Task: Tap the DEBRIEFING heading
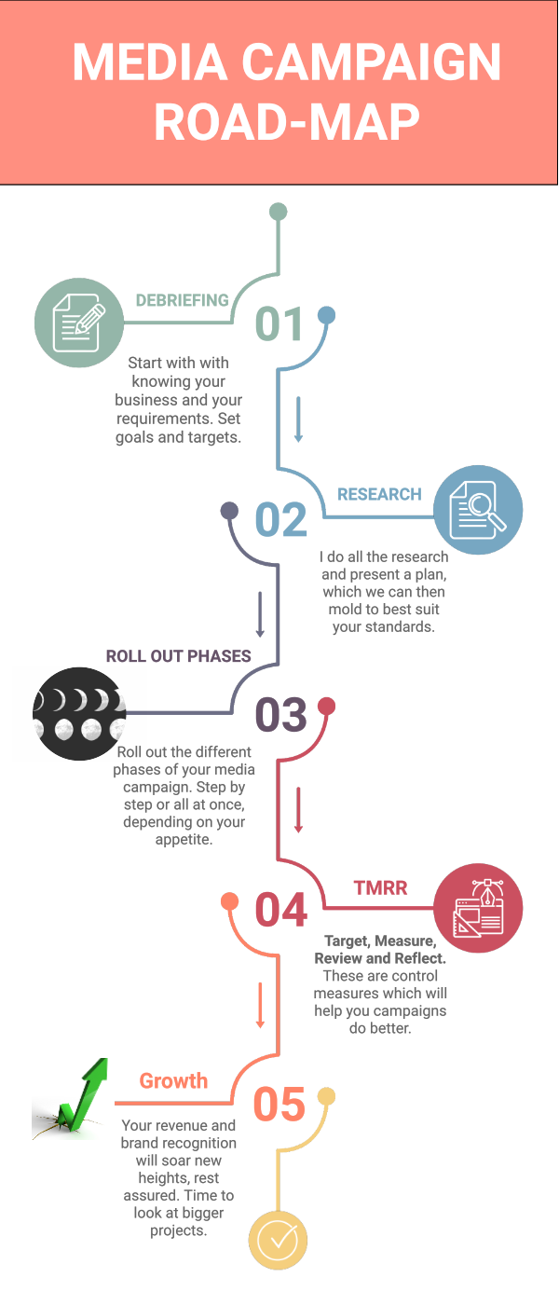click(x=183, y=300)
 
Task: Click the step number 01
click(x=280, y=324)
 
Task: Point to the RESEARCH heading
click(x=379, y=494)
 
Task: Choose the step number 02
click(x=280, y=520)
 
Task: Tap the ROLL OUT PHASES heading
click(x=178, y=656)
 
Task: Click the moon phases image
click(x=78, y=713)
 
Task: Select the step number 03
click(x=280, y=715)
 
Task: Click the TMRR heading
click(x=380, y=887)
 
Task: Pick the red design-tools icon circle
click(x=478, y=908)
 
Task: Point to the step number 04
click(x=280, y=911)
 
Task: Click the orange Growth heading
click(x=173, y=1081)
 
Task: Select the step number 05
click(x=279, y=1106)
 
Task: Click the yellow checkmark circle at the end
click(x=278, y=1240)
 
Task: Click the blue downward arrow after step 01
click(x=299, y=419)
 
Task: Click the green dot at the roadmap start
click(x=278, y=212)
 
